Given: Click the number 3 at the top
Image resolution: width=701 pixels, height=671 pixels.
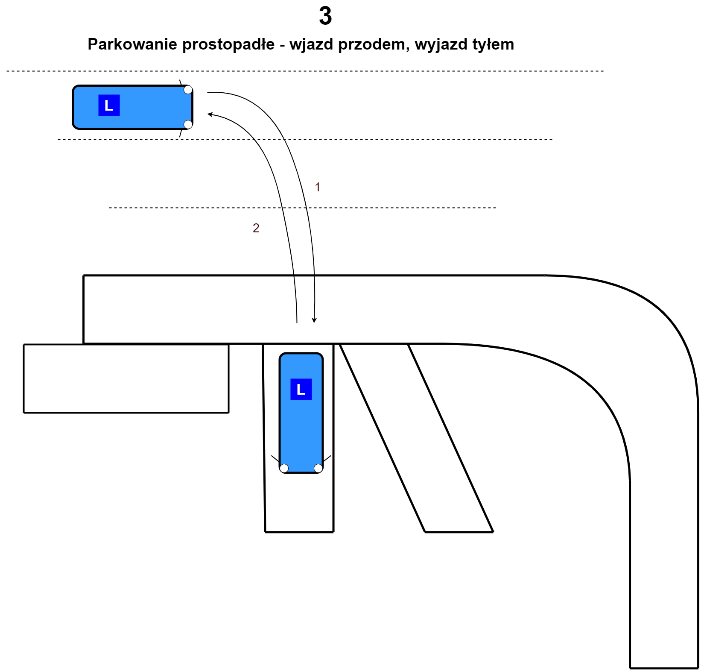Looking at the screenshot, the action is [x=325, y=16].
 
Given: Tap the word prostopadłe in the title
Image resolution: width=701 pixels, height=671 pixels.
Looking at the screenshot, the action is [x=228, y=44].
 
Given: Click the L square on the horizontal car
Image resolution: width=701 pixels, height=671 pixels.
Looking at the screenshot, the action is [x=109, y=105].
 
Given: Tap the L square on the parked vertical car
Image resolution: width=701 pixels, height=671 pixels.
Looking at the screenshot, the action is [x=301, y=389].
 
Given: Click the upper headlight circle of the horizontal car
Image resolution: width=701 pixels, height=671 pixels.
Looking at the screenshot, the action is [x=188, y=90].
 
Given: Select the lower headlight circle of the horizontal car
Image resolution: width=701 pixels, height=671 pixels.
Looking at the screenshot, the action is [x=188, y=124].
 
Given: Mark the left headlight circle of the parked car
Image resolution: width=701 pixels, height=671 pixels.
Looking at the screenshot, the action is [x=284, y=469].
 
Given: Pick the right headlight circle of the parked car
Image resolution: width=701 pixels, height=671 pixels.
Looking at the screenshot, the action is [x=318, y=469].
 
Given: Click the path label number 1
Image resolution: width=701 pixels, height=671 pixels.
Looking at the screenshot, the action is [x=317, y=187].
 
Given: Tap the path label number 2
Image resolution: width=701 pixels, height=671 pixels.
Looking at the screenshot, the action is [x=256, y=228].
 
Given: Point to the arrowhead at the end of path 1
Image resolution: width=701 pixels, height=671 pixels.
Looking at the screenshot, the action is [x=314, y=320].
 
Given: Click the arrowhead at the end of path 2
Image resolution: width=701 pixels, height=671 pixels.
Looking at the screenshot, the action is [x=210, y=114].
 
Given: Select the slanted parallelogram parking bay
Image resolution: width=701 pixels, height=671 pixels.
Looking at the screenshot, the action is [x=417, y=438].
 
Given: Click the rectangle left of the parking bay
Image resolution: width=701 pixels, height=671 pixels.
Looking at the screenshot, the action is [x=126, y=378].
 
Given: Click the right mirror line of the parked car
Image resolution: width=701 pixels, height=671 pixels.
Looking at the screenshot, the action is [x=327, y=459].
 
